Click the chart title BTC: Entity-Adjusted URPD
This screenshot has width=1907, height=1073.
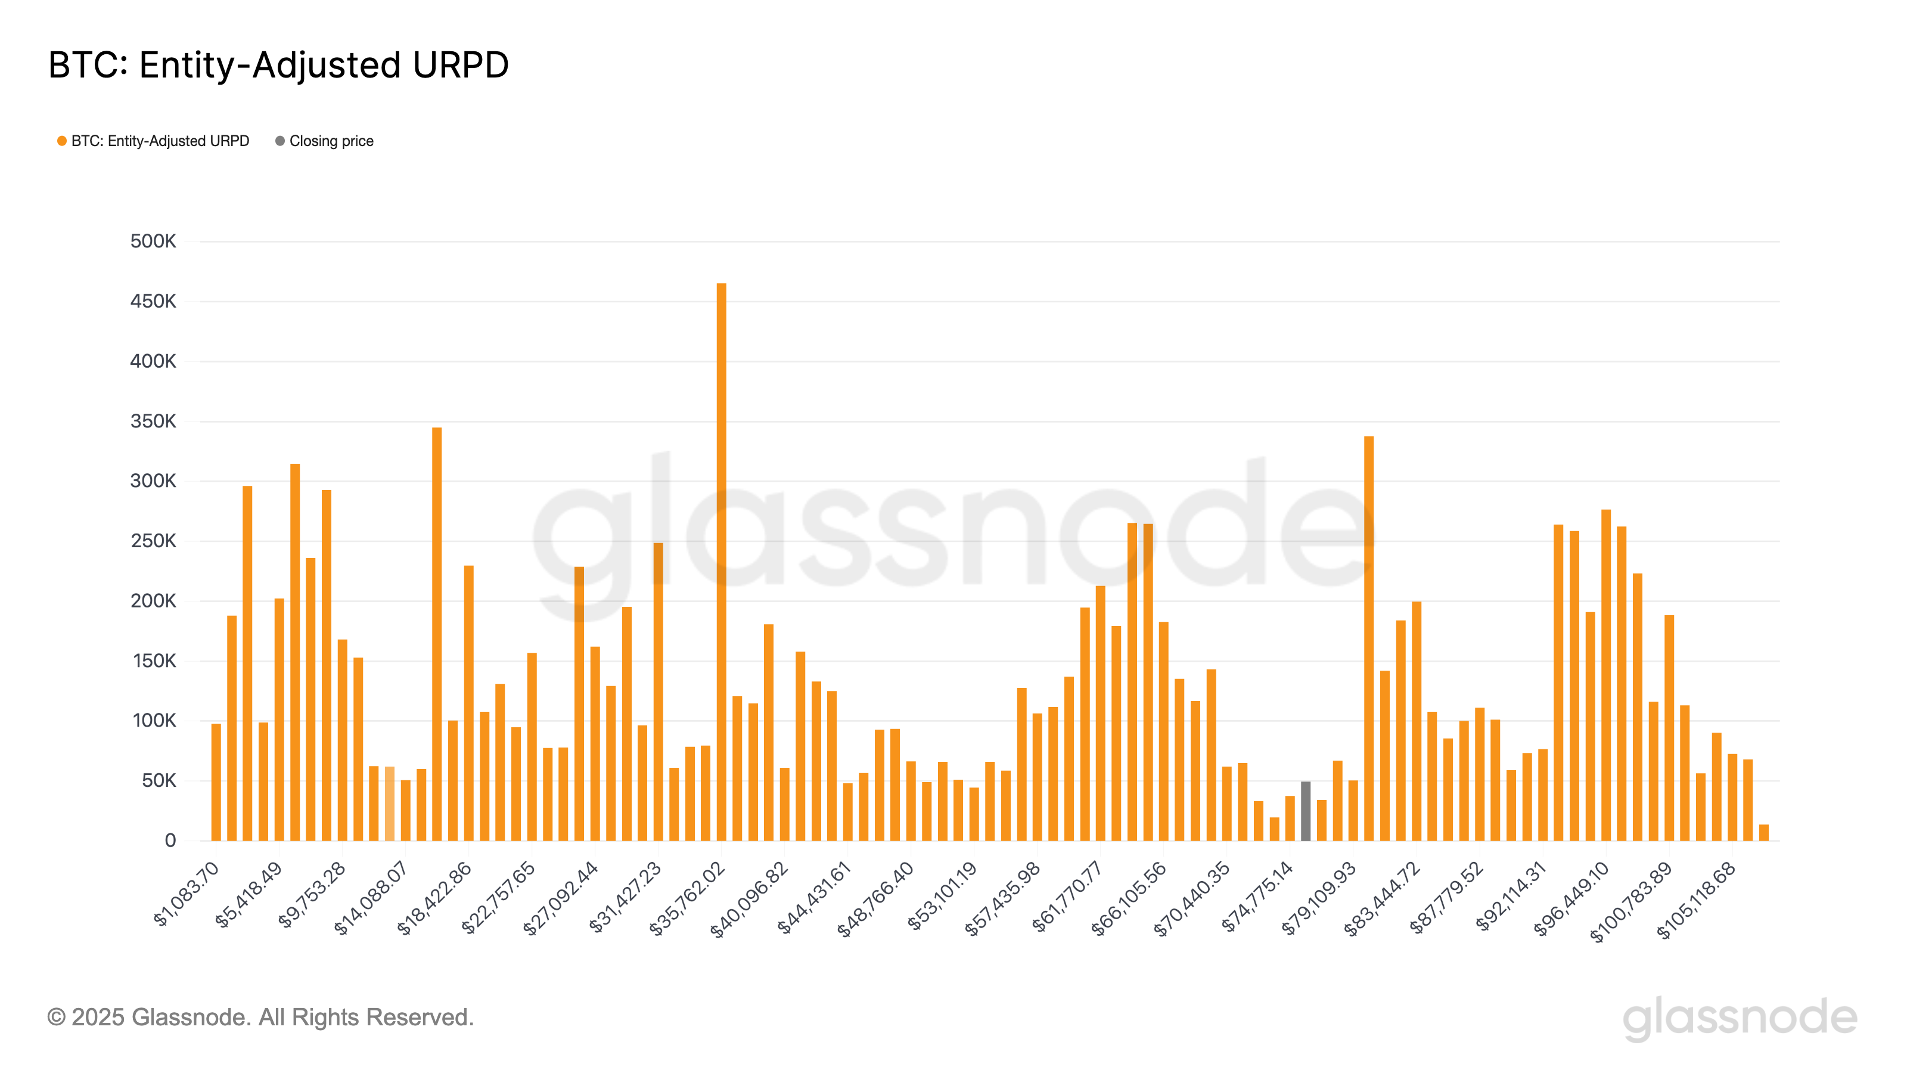278,65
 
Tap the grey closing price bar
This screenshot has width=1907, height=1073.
1305,811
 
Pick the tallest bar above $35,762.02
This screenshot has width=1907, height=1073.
721,563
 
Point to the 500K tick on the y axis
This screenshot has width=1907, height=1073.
153,241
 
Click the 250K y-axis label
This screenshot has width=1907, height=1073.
153,541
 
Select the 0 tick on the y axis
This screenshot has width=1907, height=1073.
170,841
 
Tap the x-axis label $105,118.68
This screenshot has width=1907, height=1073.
1696,901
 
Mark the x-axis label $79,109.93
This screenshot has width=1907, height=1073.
1319,898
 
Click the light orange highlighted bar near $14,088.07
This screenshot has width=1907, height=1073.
389,804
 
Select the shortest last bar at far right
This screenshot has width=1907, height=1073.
1763,833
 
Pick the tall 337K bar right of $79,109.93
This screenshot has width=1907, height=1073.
1369,638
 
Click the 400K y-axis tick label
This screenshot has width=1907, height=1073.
153,361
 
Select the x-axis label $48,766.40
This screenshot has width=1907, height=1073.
877,898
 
